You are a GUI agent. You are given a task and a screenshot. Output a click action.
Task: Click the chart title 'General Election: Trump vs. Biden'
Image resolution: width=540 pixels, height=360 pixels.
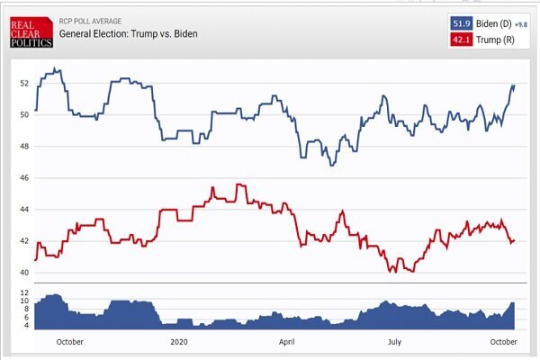coord(128,34)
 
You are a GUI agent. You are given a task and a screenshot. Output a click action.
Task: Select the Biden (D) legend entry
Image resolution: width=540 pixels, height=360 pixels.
coord(492,23)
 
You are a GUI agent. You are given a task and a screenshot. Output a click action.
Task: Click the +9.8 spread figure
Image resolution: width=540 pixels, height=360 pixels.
coord(523,24)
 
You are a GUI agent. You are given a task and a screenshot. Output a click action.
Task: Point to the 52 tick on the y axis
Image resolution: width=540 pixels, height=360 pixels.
coord(24,84)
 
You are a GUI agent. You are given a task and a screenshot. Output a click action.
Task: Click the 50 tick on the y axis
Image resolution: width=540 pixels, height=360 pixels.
coord(24,115)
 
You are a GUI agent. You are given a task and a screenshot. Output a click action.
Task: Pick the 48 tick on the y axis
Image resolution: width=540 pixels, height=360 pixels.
coord(24,147)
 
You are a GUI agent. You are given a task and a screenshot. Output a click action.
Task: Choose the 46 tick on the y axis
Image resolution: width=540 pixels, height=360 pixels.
coord(24,178)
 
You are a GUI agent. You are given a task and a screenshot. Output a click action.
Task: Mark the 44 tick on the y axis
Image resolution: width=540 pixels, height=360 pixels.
coord(24,210)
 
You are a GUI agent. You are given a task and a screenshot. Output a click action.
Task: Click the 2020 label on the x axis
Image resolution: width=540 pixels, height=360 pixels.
coord(179,342)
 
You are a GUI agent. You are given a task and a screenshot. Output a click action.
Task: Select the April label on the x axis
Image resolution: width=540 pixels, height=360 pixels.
coord(287,342)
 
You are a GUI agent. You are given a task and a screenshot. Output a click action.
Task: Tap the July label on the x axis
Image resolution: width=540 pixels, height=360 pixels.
coord(395,342)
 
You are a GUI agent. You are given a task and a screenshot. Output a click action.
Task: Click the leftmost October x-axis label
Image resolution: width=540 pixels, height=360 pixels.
coord(69,342)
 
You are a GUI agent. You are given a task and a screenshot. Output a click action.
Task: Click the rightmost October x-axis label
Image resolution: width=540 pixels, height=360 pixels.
coord(503,342)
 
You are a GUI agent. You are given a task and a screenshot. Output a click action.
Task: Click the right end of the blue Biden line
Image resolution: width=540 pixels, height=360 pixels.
coord(514,85)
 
